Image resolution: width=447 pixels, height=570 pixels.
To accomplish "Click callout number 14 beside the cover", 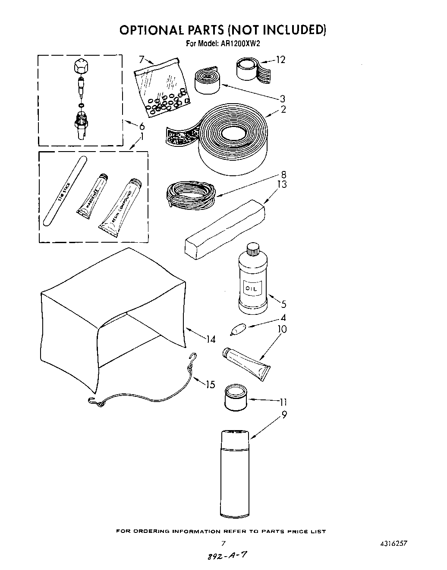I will [x=210, y=339].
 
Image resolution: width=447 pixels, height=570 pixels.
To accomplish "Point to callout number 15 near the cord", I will [x=210, y=384].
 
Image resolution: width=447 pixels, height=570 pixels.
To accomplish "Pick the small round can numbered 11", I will [x=236, y=398].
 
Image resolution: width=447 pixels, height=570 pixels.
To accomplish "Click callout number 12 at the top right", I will [x=280, y=59].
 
